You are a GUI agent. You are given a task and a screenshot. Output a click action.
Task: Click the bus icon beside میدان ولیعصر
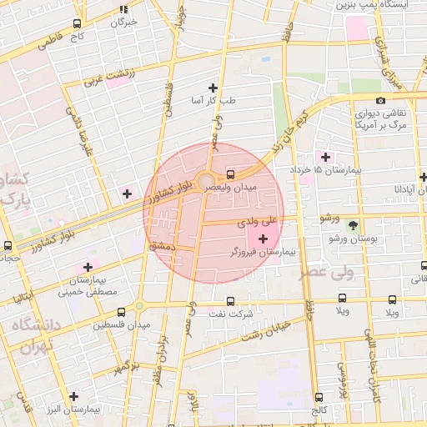coord(230,174)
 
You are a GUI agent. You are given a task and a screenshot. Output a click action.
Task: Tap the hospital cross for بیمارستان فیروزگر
coord(264,239)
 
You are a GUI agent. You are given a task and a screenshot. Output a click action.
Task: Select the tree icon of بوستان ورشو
coord(353,224)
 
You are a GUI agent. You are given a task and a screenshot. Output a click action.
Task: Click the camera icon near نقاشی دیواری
coord(381,101)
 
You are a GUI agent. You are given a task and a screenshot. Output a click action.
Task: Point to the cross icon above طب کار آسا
coord(213,88)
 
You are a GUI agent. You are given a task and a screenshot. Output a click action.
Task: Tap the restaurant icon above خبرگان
coord(123,10)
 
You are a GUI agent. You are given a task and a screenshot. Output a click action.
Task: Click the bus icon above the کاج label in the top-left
coord(78,24)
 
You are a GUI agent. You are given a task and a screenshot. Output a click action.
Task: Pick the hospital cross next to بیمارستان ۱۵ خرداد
coord(325,157)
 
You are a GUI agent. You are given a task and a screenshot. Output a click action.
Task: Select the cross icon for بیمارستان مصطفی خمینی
coord(87,267)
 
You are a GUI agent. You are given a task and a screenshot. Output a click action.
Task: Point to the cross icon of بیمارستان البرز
coord(74,396)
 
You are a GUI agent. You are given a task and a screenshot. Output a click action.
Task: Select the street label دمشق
coord(159,247)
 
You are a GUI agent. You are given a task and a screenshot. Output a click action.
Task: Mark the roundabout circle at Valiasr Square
coord(205,178)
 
